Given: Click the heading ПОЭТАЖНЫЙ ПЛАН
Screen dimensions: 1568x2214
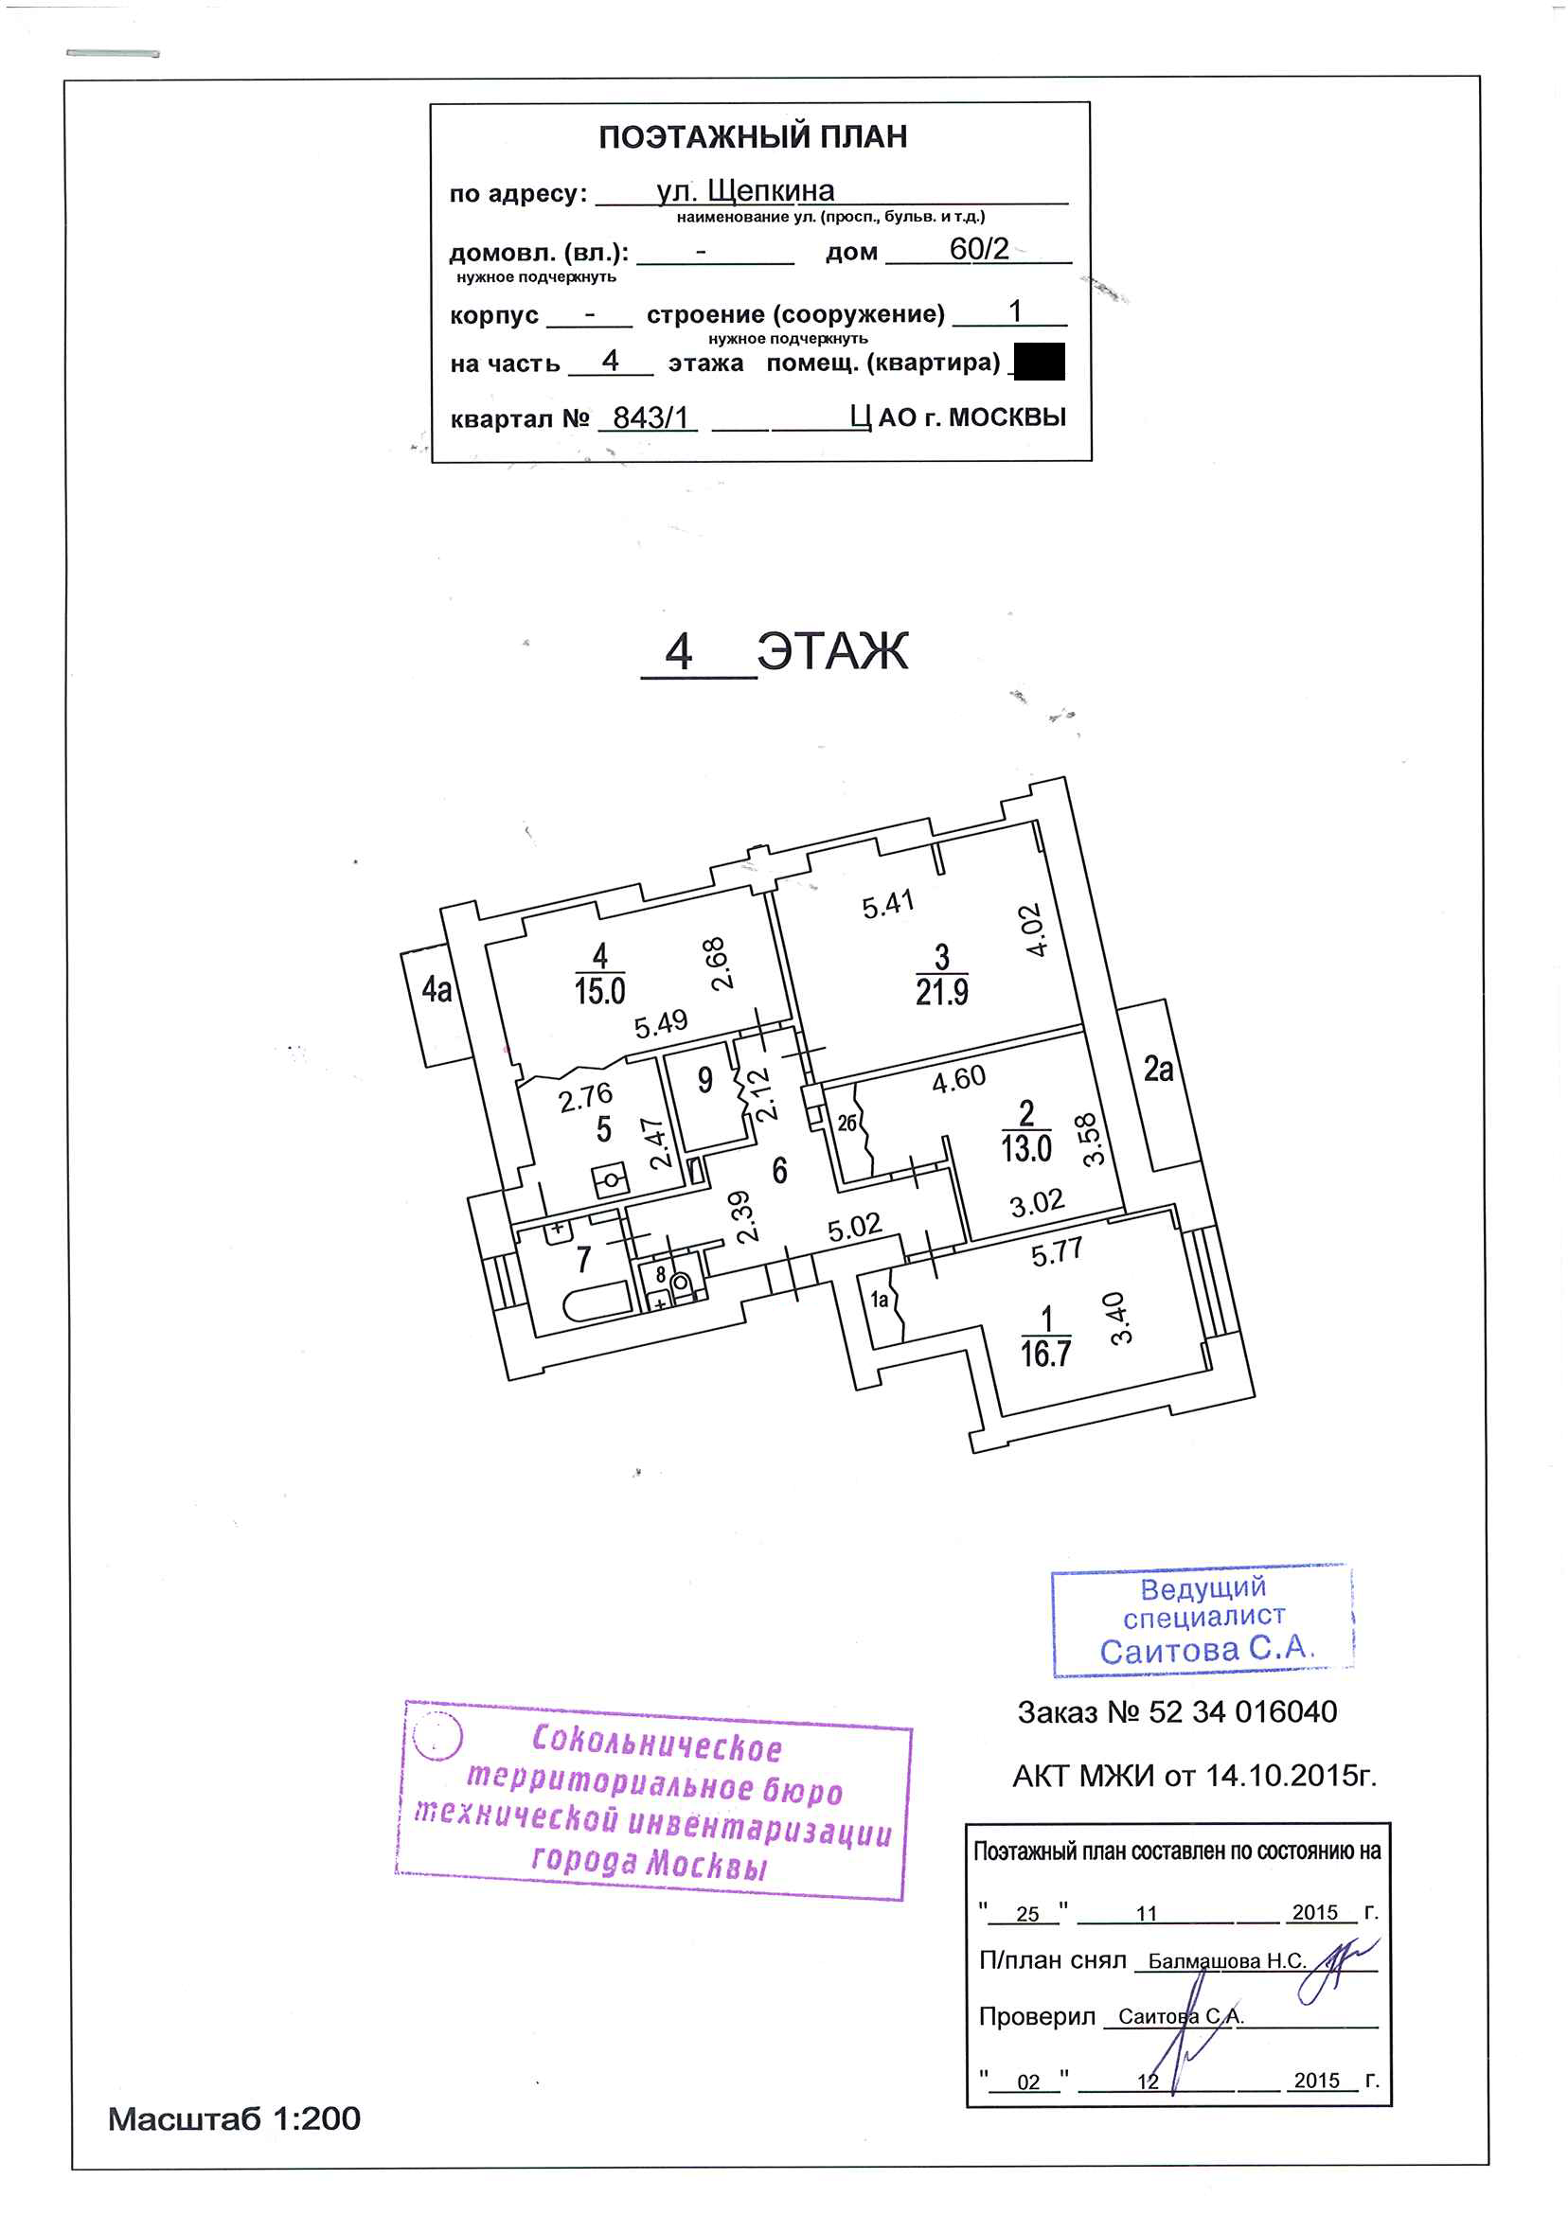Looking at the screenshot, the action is coord(752,137).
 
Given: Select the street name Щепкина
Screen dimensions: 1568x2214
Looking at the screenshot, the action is coord(771,191).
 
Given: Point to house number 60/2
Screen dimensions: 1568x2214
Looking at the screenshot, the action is coord(978,249).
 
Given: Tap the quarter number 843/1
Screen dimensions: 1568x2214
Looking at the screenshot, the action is coord(650,417).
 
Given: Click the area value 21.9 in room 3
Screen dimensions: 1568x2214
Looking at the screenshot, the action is coord(941,991).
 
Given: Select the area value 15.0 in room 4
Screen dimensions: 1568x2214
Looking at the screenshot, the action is coord(599,991).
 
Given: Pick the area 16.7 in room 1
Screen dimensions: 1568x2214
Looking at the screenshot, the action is coord(1045,1355).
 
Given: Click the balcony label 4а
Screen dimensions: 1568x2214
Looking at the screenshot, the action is coord(437,989).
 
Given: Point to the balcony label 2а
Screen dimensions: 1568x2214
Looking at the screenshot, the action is coord(1158,1069).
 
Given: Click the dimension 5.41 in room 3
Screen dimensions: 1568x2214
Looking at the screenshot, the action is coord(887,904).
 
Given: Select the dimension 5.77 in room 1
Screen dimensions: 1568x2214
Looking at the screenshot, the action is coord(1057,1252).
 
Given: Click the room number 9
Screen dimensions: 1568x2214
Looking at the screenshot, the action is coord(704,1080).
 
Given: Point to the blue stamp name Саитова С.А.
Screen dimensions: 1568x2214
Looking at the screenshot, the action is coord(1206,1650).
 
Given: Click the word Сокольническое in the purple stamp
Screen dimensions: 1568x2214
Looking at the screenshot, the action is coord(656,1742).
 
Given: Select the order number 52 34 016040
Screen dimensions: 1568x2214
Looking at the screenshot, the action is coord(1241,1712).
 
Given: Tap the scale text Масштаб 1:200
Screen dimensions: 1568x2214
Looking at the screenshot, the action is coord(235,2118).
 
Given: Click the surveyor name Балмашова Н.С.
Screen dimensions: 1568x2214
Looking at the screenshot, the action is coord(1226,1960).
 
